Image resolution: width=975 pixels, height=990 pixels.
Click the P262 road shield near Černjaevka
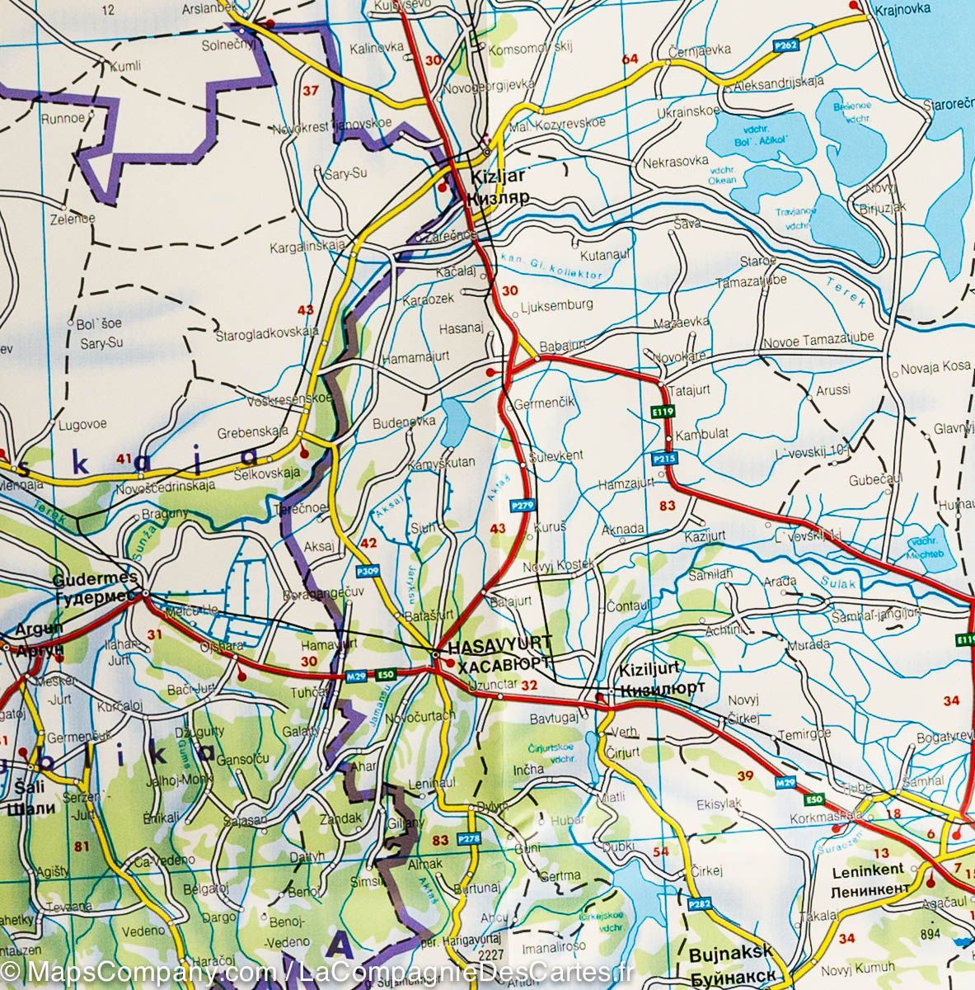[785, 48]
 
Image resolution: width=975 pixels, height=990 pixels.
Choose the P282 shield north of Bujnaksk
[699, 904]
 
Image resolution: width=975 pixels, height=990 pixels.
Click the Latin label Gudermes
[82, 580]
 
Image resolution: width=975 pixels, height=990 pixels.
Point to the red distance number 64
[630, 59]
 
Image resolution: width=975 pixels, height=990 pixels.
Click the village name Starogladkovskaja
[267, 332]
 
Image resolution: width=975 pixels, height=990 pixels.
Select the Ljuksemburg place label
[557, 304]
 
